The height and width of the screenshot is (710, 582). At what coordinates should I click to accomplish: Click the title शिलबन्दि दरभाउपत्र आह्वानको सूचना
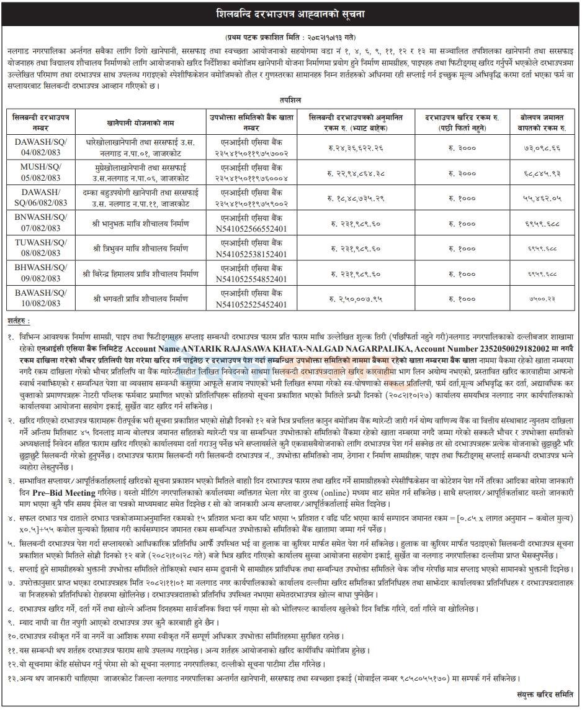[290, 12]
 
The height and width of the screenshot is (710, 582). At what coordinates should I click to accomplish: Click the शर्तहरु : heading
[19, 320]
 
